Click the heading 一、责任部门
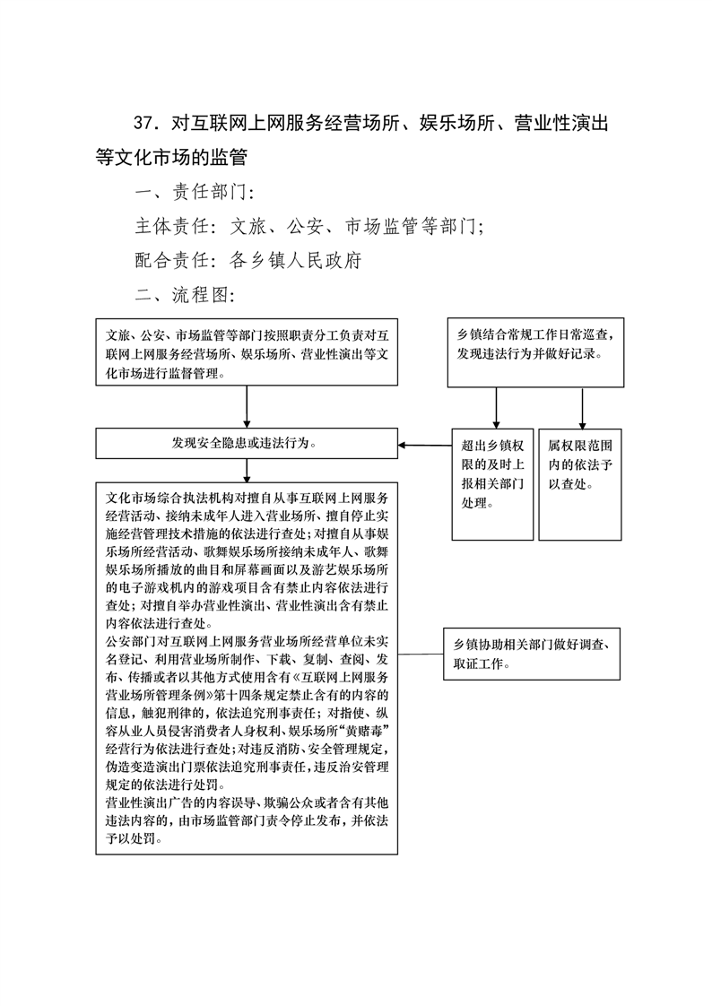click(x=195, y=192)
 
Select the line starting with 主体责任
click(x=309, y=226)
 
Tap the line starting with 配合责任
click(x=249, y=260)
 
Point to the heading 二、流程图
click(x=186, y=294)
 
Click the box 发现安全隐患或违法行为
click(x=247, y=443)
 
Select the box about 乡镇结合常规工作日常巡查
click(x=535, y=352)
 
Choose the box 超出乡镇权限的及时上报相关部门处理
click(x=492, y=484)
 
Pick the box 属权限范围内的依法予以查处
click(x=580, y=484)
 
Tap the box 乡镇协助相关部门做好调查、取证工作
click(x=532, y=654)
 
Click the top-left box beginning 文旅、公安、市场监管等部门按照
click(x=247, y=352)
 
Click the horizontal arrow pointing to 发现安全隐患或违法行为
click(x=425, y=445)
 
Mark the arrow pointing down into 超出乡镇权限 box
click(x=496, y=408)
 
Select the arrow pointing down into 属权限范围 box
click(x=583, y=408)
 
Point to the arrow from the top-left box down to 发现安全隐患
click(x=247, y=407)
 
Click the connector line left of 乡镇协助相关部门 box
click(x=421, y=654)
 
